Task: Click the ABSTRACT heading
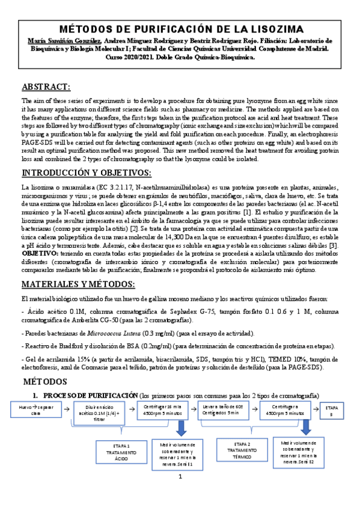[x=46, y=87]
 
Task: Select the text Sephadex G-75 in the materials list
[x=166, y=312]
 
